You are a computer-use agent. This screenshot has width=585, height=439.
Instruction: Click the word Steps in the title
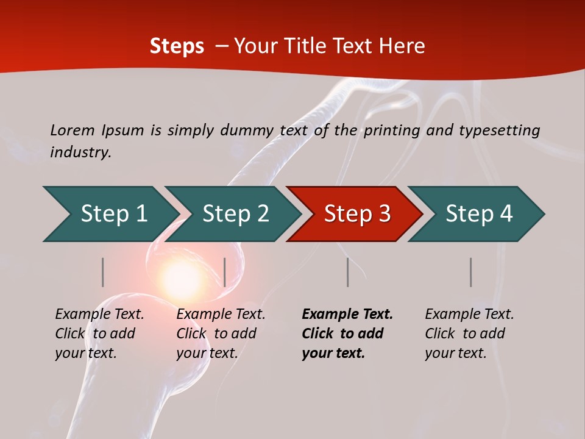click(x=177, y=46)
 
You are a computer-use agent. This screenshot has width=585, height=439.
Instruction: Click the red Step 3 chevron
click(x=355, y=214)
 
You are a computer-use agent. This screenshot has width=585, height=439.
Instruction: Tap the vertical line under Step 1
click(x=103, y=272)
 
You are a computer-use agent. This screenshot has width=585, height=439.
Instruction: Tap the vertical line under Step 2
click(x=225, y=272)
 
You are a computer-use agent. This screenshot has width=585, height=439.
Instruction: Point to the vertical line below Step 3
click(x=347, y=272)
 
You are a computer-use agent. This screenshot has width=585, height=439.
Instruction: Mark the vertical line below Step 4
click(x=470, y=272)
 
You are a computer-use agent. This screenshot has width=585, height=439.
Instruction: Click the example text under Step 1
click(x=99, y=334)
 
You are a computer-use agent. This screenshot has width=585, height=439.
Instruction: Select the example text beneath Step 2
click(x=220, y=334)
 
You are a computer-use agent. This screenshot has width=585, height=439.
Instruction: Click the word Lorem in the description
click(x=73, y=130)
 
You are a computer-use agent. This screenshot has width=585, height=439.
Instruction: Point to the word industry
click(x=80, y=152)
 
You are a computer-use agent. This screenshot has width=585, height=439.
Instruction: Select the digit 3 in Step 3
click(x=384, y=214)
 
